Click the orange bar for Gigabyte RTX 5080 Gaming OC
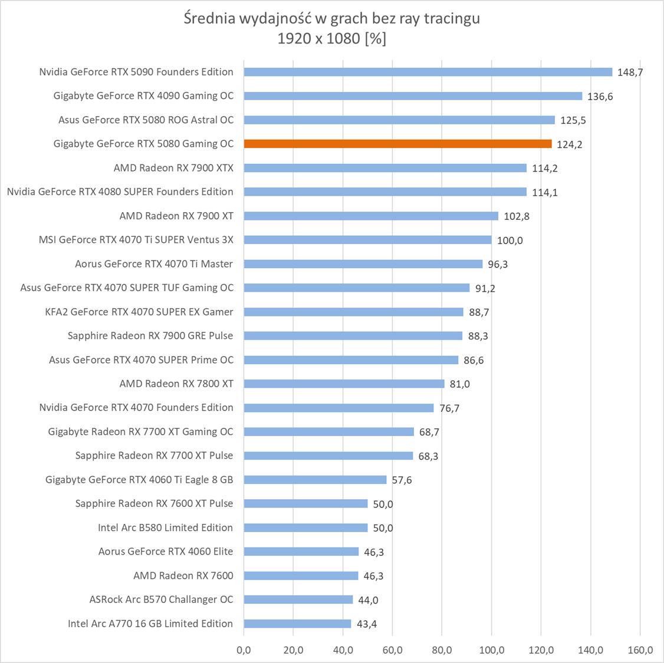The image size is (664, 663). pyautogui.click(x=397, y=144)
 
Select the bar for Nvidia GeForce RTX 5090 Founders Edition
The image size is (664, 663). pyautogui.click(x=428, y=72)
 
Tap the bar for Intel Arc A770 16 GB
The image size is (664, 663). pyautogui.click(x=297, y=624)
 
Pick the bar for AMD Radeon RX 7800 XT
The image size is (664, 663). pyautogui.click(x=344, y=384)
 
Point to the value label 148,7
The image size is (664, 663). pyautogui.click(x=630, y=72)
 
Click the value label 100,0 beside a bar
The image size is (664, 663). pyautogui.click(x=510, y=240)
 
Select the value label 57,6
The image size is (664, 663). pyautogui.click(x=402, y=480)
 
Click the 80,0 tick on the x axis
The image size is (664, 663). pyautogui.click(x=442, y=650)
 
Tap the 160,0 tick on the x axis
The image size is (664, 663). pyautogui.click(x=640, y=650)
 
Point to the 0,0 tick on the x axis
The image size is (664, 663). pyautogui.click(x=244, y=650)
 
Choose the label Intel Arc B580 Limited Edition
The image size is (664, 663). pyautogui.click(x=165, y=527)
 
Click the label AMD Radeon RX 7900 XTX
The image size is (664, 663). pyautogui.click(x=173, y=168)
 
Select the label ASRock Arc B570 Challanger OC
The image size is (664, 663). pyautogui.click(x=161, y=599)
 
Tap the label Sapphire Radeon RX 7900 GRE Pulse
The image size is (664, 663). pyautogui.click(x=150, y=335)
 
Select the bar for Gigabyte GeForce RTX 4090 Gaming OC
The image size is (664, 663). pyautogui.click(x=413, y=96)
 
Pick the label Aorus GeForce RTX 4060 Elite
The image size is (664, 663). pyautogui.click(x=166, y=552)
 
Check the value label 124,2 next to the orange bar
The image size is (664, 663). pyautogui.click(x=569, y=144)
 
